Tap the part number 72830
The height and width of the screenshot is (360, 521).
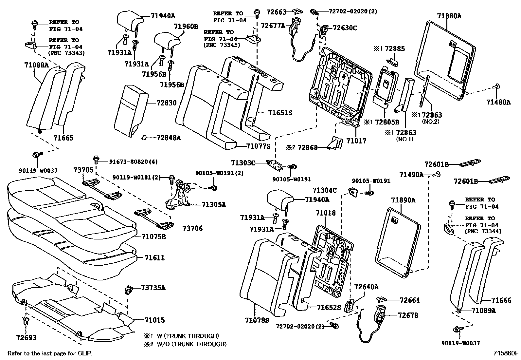point(166,103)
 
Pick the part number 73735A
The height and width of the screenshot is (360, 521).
point(153,288)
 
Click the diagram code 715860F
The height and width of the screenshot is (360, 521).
point(506,353)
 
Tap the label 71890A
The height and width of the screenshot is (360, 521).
point(403,200)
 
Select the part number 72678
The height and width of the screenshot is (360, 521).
point(408,315)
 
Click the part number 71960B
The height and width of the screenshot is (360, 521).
point(186,27)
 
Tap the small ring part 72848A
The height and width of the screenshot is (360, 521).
point(144,138)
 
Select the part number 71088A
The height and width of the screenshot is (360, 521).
point(36,65)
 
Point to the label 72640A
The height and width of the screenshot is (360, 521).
point(366,287)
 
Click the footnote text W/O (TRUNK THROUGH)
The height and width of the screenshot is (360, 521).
point(191,344)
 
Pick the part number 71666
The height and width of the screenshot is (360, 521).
point(501,300)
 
